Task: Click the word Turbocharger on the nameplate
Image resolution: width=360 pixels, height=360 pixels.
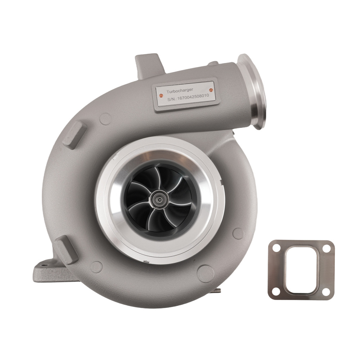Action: pos(180,89)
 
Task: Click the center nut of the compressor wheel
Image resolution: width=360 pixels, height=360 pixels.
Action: pos(158,198)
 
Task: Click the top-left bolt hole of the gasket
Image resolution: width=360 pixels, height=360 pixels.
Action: pos(276,248)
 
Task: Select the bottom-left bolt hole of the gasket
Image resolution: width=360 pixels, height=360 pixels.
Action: pos(276,291)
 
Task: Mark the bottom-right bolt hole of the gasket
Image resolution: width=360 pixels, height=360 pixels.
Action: pos(326,291)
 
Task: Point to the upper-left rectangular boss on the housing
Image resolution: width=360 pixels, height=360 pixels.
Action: pos(73,133)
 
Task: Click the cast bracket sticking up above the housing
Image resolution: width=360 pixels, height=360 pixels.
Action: pos(148,65)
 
